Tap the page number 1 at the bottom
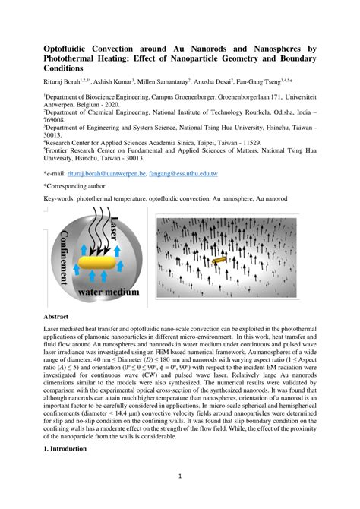180,477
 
